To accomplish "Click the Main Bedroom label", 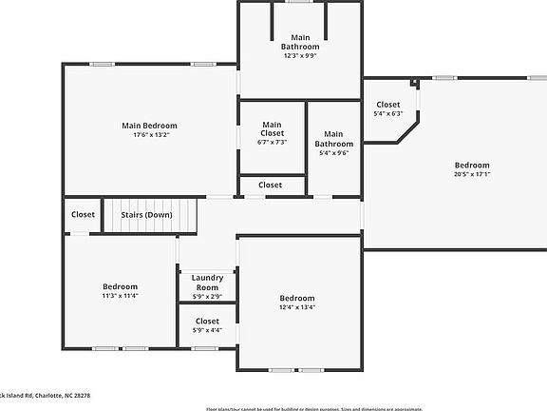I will tap(149, 126).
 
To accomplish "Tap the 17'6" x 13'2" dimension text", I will tap(149, 135).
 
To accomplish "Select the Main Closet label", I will tap(272, 128).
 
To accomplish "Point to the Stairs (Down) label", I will tap(146, 215).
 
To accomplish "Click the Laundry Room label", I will tap(207, 282).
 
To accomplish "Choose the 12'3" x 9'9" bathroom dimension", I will tap(300, 56).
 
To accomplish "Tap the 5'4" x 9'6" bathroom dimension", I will tap(333, 152).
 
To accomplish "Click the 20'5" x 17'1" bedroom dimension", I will tap(471, 174).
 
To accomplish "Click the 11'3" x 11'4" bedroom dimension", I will tap(121, 296).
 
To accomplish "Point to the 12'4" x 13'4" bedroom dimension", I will tap(297, 306).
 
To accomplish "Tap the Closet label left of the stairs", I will tap(83, 215).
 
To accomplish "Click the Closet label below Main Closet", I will tap(271, 186).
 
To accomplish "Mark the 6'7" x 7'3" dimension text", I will tap(272, 143).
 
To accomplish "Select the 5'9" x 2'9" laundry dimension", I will tap(207, 296).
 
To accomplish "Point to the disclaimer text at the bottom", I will tap(314, 408).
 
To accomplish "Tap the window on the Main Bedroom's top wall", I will tap(103, 64).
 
